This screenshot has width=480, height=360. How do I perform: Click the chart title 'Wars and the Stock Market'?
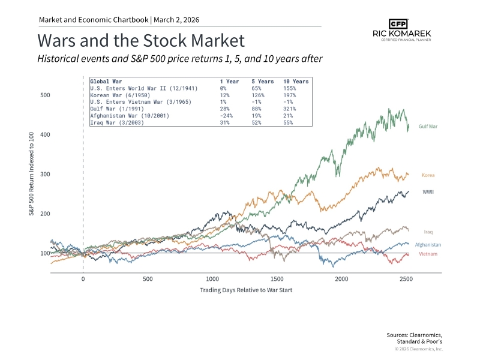pos(141,41)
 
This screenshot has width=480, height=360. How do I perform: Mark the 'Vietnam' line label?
pos(428,254)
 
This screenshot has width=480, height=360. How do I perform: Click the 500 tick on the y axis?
pos(45,95)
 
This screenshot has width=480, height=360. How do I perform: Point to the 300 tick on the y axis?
pos(45,175)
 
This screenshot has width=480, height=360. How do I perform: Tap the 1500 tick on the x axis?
pos(277,280)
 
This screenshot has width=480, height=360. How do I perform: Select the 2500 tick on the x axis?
pos(406,280)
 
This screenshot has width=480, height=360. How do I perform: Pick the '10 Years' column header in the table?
pos(296,81)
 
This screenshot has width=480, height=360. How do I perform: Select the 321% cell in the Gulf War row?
pos(290,109)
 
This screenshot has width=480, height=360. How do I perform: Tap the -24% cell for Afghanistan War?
pos(226,116)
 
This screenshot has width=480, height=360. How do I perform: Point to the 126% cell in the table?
pos(259,95)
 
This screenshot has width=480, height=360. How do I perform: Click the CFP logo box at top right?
pos(398,24)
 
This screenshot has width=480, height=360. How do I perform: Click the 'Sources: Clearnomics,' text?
pos(415,334)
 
